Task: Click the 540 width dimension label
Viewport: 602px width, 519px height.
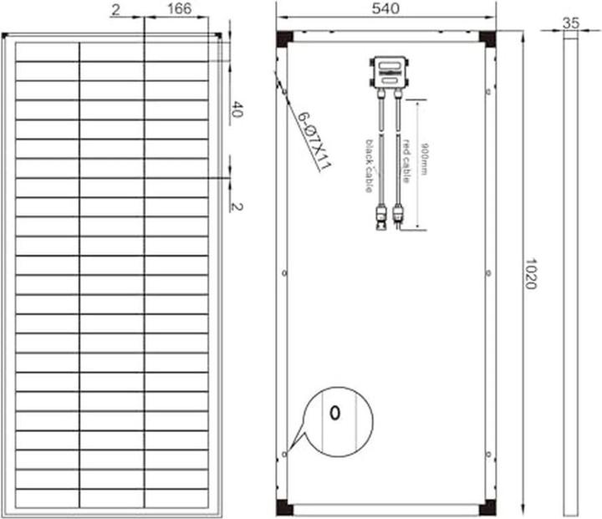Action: [x=385, y=8]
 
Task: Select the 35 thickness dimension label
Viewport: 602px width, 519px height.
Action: [x=571, y=23]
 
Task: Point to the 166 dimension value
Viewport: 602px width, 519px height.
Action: [x=179, y=8]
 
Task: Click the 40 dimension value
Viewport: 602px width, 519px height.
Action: [x=237, y=109]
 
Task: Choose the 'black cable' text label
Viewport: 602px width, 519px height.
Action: [x=367, y=165]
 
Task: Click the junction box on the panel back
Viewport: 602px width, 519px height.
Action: [x=389, y=71]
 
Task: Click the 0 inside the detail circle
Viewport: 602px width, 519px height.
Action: [x=334, y=413]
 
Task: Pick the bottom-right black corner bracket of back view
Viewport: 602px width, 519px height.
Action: [x=487, y=506]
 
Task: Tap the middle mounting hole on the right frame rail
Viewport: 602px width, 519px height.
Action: [x=487, y=272]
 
